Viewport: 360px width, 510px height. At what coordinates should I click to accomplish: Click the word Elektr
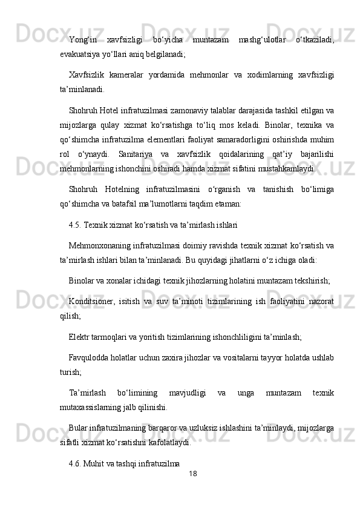pos(79,333)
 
